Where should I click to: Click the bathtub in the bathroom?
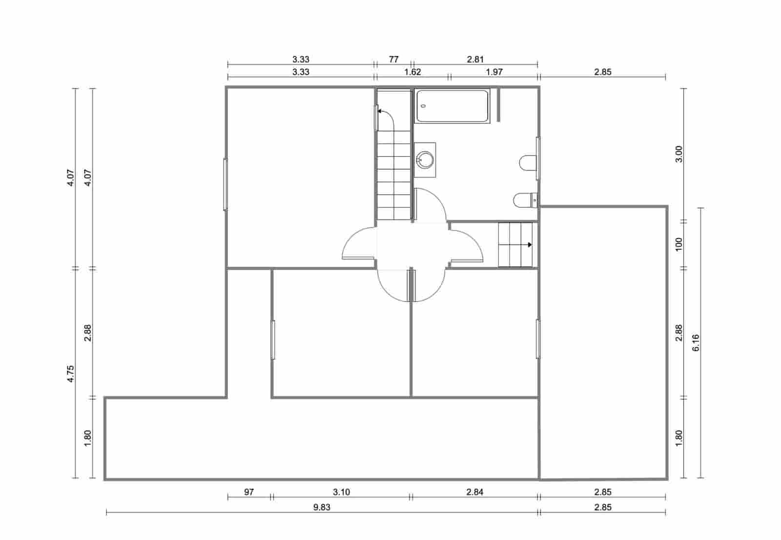click(452, 106)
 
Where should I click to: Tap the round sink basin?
click(425, 159)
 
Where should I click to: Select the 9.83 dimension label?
click(322, 507)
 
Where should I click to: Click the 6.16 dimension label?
click(696, 342)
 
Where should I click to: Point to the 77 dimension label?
click(393, 60)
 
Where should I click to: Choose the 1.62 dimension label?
click(412, 72)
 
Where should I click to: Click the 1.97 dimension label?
click(494, 72)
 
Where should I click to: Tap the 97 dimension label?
click(249, 492)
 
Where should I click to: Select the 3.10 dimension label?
click(341, 492)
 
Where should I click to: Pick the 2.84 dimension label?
click(474, 492)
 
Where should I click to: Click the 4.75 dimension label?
click(71, 374)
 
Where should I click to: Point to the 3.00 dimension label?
click(678, 154)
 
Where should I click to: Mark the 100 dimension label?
click(678, 244)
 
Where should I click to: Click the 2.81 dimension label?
click(475, 60)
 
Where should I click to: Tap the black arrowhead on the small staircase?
click(530, 245)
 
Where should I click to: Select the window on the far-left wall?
click(226, 184)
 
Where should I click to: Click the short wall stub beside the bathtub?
click(498, 104)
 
